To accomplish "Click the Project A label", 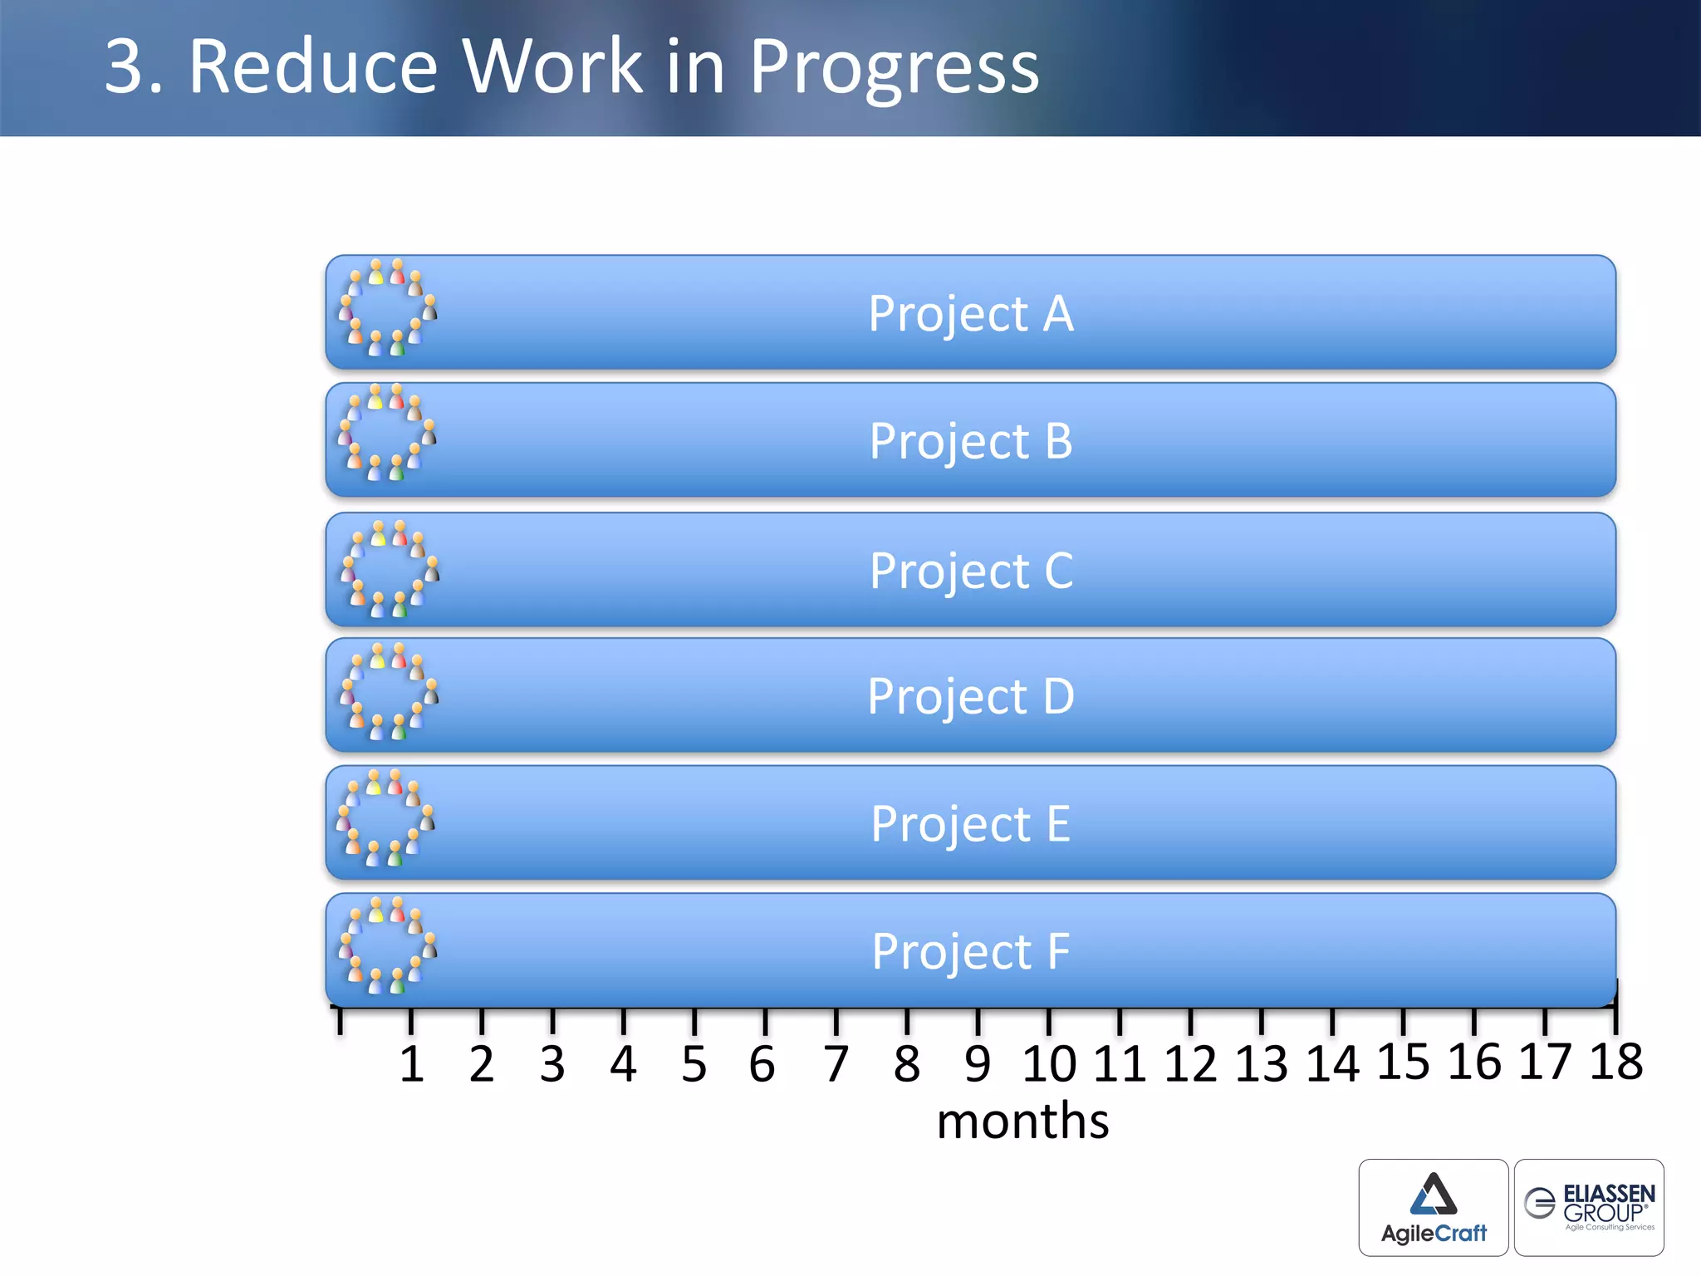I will [970, 314].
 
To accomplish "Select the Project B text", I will [970, 441].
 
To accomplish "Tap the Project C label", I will [971, 571].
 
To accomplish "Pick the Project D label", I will [970, 696].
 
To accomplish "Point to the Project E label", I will [970, 824].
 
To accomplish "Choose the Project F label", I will [970, 951].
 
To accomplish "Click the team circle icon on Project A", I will [387, 308].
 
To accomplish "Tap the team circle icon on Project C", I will [390, 569].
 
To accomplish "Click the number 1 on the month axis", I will [411, 1064].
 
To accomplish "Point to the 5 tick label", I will [694, 1064].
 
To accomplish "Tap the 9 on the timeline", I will [978, 1064].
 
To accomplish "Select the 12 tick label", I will [1189, 1064].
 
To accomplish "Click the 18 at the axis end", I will [1615, 1062].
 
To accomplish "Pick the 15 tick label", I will [1403, 1062].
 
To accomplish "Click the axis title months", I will [1022, 1121].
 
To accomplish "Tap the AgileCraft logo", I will [1433, 1207].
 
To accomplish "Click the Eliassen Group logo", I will [1588, 1207].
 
